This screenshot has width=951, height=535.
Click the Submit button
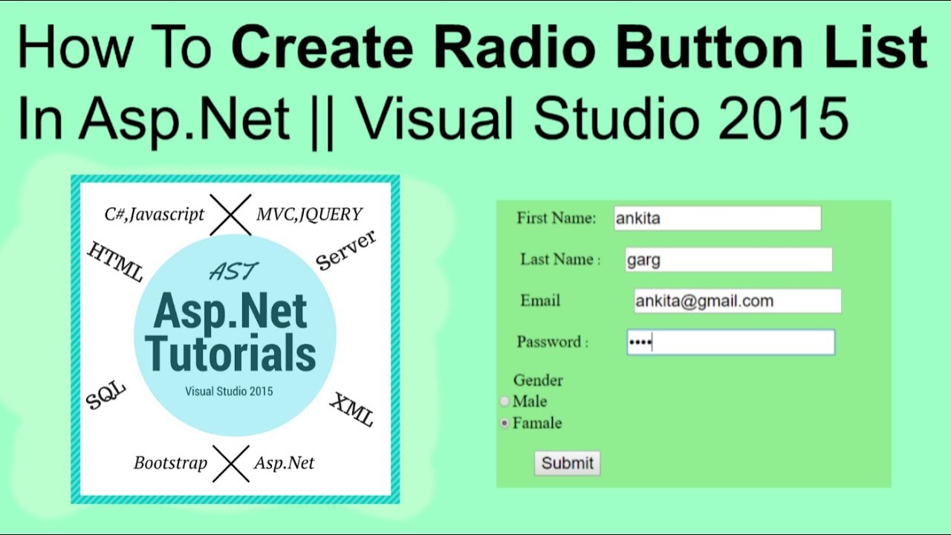(x=567, y=463)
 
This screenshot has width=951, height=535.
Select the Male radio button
(x=504, y=401)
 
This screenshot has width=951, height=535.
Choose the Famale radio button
(x=504, y=424)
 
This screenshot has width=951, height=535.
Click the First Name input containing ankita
(x=717, y=218)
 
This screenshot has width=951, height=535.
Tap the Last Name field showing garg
(x=728, y=260)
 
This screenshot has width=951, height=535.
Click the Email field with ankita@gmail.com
(x=737, y=301)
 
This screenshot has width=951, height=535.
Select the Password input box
(x=730, y=343)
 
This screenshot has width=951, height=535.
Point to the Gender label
(x=538, y=380)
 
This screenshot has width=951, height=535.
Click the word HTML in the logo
(x=115, y=262)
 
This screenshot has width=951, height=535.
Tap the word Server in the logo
(x=346, y=250)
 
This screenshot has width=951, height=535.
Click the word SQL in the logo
(x=106, y=395)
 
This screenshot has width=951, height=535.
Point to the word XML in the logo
(x=351, y=409)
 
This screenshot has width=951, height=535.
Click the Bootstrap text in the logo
(x=170, y=463)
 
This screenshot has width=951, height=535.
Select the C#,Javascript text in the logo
(x=154, y=215)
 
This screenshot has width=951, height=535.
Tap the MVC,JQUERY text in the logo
(x=309, y=215)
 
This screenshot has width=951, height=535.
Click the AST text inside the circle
(x=233, y=273)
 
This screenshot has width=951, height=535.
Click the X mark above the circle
(x=230, y=215)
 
